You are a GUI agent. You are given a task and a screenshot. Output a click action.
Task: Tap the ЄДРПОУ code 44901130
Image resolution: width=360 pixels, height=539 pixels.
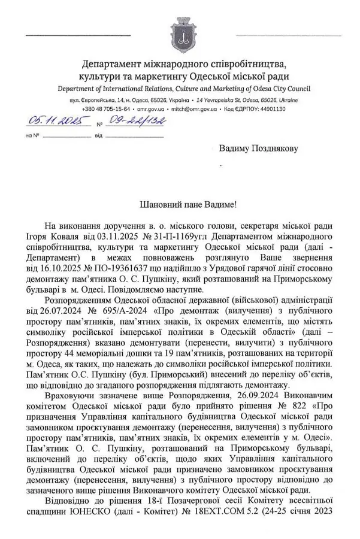(x=271, y=109)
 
